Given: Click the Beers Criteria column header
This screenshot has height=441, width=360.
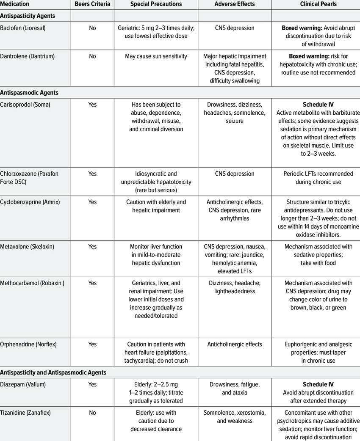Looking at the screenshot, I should pyautogui.click(x=92, y=4).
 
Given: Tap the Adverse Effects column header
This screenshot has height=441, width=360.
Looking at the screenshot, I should pyautogui.click(x=234, y=4).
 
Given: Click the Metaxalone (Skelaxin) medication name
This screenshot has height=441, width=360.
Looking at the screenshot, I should pyautogui.click(x=27, y=246).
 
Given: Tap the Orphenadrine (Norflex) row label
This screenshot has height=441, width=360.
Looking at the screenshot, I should pyautogui.click(x=28, y=344).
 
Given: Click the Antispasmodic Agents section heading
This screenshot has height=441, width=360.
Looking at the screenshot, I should pyautogui.click(x=29, y=92).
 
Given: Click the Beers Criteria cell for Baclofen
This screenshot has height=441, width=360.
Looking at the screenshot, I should pyautogui.click(x=92, y=28).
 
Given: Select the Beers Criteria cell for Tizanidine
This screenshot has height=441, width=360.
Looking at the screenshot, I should pyautogui.click(x=92, y=413).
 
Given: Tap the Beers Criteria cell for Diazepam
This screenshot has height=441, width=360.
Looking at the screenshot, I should pyautogui.click(x=92, y=384).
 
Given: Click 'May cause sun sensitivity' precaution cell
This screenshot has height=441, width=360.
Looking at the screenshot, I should pyautogui.click(x=156, y=56).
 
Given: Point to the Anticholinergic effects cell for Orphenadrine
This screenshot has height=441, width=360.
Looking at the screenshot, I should pyautogui.click(x=234, y=344).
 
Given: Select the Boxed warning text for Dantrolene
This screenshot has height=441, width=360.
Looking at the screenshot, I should pyautogui.click(x=305, y=56).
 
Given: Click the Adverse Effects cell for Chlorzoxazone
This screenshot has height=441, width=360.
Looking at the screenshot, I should pyautogui.click(x=234, y=174).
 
